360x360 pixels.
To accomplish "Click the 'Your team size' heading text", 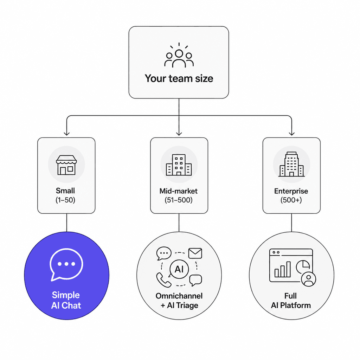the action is click(x=179, y=78).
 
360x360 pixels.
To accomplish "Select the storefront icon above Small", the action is click(x=66, y=165).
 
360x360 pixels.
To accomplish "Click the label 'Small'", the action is click(x=65, y=191).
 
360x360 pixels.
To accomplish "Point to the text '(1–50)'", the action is click(x=65, y=200).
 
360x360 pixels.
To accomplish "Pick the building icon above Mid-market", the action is click(x=179, y=165).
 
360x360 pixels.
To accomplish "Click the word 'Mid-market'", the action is click(x=179, y=191).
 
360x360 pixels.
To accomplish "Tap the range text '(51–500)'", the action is click(x=179, y=200).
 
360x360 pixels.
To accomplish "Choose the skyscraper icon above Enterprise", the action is click(x=291, y=164).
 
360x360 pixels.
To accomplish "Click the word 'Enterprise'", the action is click(x=291, y=191).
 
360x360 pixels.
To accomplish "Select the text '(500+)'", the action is click(x=291, y=200).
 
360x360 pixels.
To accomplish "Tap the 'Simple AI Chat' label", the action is click(x=66, y=300).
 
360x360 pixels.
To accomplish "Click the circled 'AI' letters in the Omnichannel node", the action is click(x=179, y=269).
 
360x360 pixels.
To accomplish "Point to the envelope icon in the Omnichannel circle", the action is click(x=195, y=253).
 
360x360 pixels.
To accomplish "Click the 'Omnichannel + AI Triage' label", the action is click(x=179, y=301).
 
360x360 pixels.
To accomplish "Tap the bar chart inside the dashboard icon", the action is click(x=283, y=270).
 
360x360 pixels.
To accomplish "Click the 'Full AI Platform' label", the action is click(x=291, y=301).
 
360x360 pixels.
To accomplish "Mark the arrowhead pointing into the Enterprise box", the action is click(x=291, y=133).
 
